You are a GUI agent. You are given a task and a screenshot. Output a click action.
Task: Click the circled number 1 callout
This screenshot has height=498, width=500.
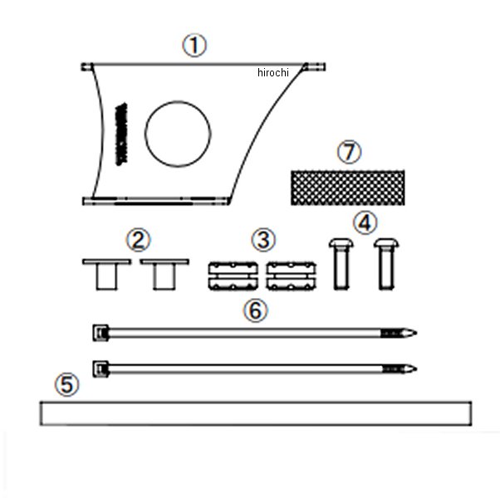(x=194, y=46)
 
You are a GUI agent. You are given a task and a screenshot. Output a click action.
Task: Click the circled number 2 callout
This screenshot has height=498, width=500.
(x=138, y=241)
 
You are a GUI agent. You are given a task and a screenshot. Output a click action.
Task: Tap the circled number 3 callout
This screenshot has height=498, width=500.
(x=262, y=241)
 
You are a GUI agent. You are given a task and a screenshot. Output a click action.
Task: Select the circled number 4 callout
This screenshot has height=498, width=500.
(x=364, y=222)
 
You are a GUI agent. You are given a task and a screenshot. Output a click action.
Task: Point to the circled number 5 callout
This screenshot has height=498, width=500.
(x=67, y=385)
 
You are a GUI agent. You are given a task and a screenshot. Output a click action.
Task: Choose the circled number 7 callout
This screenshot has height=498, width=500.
(x=350, y=153)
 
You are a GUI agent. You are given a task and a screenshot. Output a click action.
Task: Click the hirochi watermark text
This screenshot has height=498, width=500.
(x=273, y=73)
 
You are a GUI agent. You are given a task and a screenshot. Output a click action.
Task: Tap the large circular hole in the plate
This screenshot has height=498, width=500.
(x=178, y=133)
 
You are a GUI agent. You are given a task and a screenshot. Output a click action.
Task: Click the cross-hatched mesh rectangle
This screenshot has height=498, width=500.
(x=346, y=187)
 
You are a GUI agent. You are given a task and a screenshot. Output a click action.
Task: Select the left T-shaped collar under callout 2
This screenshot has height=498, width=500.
(x=106, y=273)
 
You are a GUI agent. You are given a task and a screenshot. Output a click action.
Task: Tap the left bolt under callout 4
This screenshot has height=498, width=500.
(x=340, y=262)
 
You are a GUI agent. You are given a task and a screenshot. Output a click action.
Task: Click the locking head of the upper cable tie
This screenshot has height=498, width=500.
(x=100, y=333)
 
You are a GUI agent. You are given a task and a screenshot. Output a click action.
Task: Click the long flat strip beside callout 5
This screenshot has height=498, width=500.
(x=255, y=413)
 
